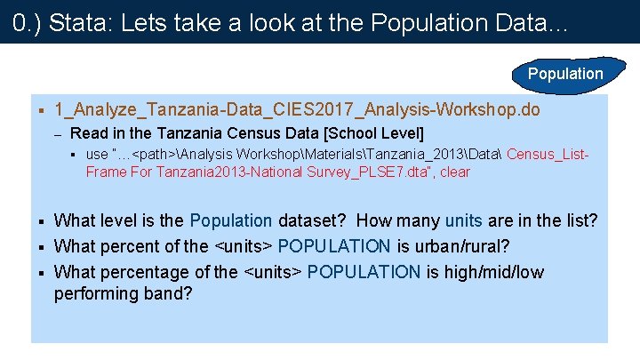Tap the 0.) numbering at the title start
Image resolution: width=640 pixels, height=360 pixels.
coord(27,23)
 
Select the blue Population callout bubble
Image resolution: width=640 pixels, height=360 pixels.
coord(564,74)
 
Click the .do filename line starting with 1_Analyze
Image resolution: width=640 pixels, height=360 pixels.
coord(296,110)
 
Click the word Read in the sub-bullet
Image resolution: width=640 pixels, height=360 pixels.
coord(88,133)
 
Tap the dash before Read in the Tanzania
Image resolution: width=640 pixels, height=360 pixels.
coord(56,133)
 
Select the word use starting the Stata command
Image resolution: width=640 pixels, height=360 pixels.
coord(97,155)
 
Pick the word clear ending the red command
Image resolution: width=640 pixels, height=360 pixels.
coord(454,172)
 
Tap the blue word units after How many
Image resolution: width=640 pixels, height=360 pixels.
coord(464,220)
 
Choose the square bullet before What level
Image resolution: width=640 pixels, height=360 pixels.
coord(41,220)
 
